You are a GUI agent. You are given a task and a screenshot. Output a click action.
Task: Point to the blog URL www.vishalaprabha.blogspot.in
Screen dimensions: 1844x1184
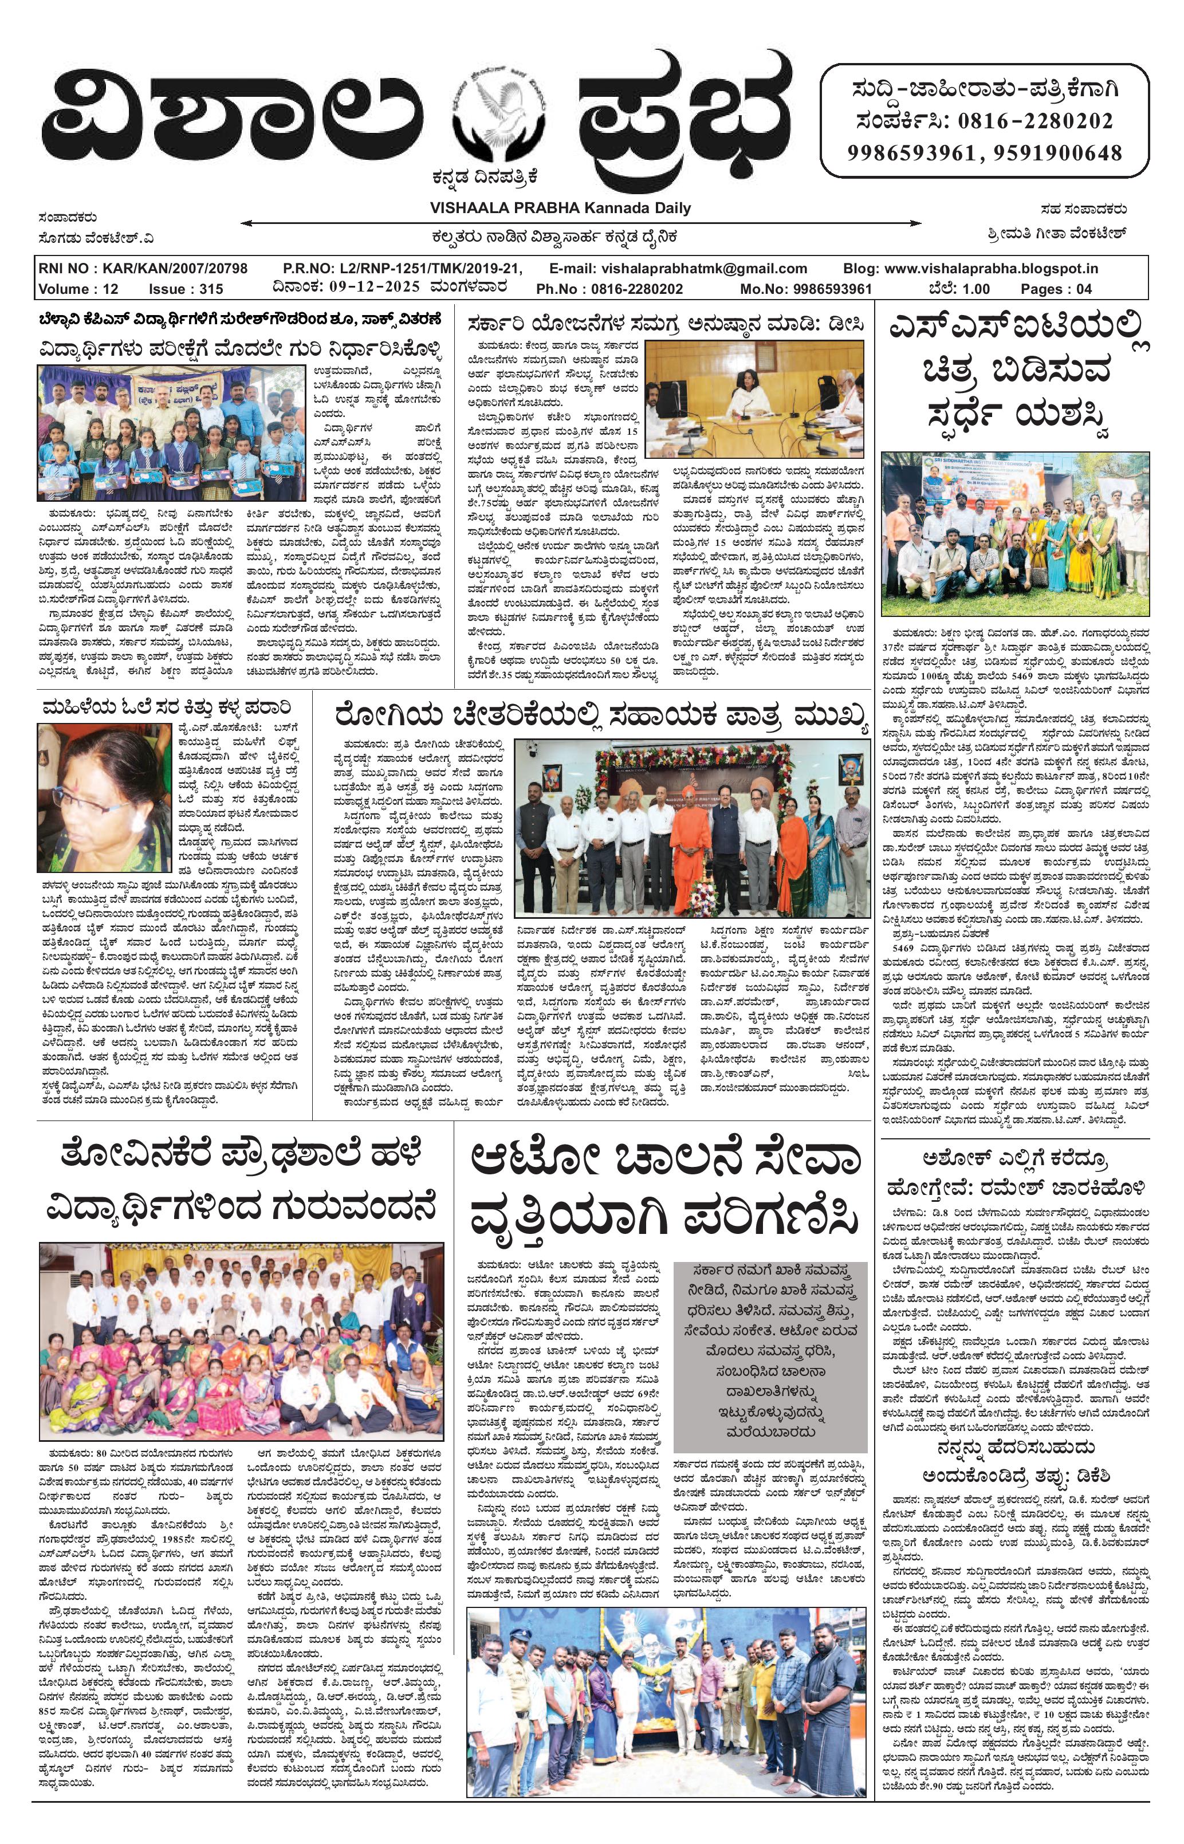tap(970, 268)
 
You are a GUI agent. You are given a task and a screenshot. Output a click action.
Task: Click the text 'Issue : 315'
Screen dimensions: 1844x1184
tap(186, 289)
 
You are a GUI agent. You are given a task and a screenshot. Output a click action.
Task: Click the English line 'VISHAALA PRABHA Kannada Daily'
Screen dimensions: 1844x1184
tap(560, 207)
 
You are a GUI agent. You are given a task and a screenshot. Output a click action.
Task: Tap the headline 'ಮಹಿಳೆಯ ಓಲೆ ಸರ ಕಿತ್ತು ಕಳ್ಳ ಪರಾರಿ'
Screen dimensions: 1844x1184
tap(167, 706)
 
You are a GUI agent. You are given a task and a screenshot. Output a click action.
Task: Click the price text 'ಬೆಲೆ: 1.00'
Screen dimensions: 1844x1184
tap(958, 289)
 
